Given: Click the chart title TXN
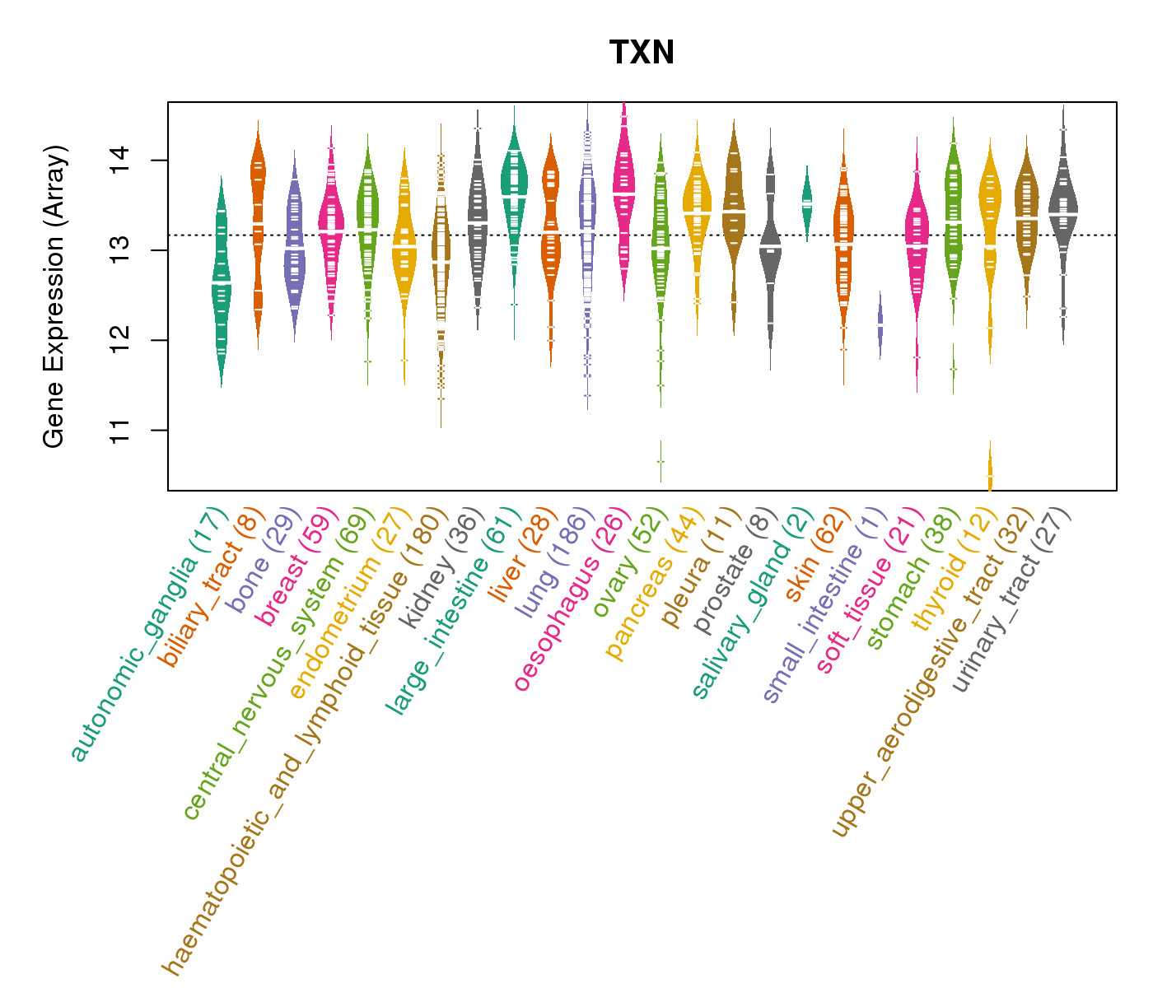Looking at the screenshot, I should [x=642, y=54].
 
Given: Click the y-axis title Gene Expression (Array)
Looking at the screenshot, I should [x=54, y=297].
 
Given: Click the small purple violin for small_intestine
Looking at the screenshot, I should [x=880, y=324].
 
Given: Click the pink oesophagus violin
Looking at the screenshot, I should [x=624, y=193].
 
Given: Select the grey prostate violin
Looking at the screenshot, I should [x=770, y=247].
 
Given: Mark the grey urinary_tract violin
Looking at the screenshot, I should [x=1063, y=213].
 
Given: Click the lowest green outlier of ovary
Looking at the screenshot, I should [x=661, y=461].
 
